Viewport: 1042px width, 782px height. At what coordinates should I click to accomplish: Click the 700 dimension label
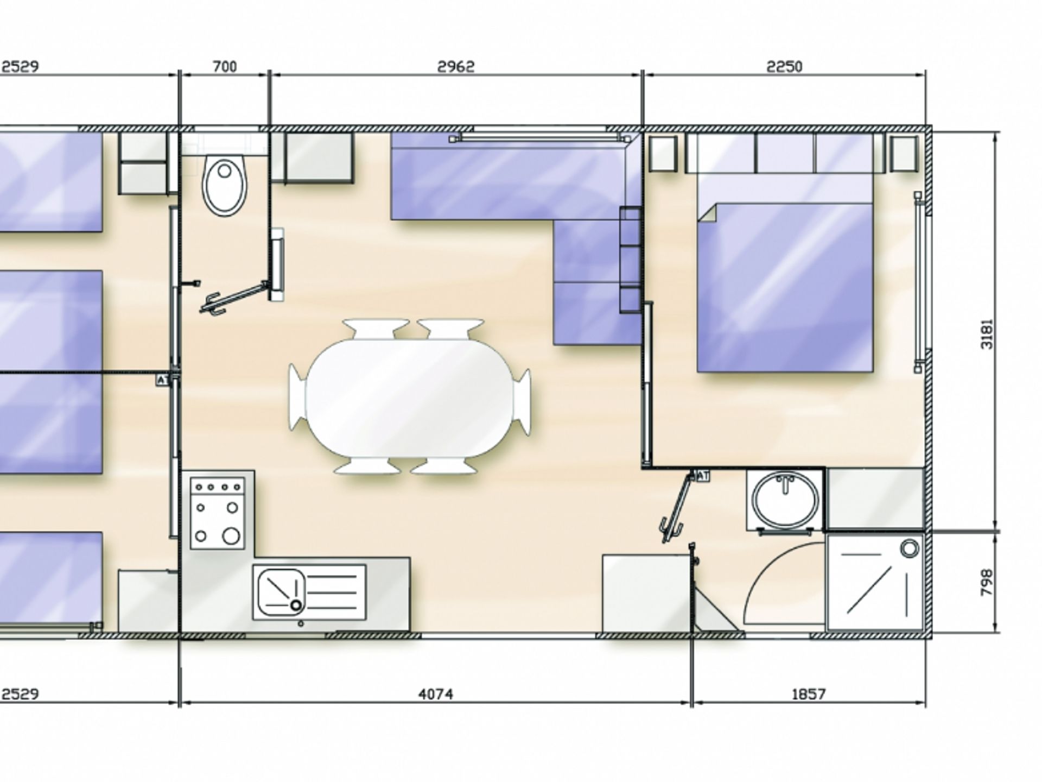pyautogui.click(x=225, y=67)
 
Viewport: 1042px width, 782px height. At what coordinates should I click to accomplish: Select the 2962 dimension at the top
pyautogui.click(x=456, y=67)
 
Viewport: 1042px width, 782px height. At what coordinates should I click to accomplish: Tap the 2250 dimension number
pyautogui.click(x=784, y=67)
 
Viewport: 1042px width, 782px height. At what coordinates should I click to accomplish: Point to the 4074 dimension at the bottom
pyautogui.click(x=436, y=694)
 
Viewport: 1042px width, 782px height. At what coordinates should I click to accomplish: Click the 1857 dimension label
pyautogui.click(x=808, y=694)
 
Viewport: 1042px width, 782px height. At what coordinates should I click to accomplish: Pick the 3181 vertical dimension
pyautogui.click(x=988, y=334)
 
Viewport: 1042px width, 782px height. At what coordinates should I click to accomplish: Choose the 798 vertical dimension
pyautogui.click(x=988, y=582)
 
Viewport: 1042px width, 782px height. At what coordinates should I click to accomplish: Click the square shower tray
pyautogui.click(x=873, y=582)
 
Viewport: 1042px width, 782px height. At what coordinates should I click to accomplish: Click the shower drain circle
pyautogui.click(x=910, y=548)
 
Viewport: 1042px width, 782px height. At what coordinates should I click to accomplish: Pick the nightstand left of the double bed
pyautogui.click(x=663, y=154)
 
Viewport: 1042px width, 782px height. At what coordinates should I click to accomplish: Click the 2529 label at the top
pyautogui.click(x=21, y=67)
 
